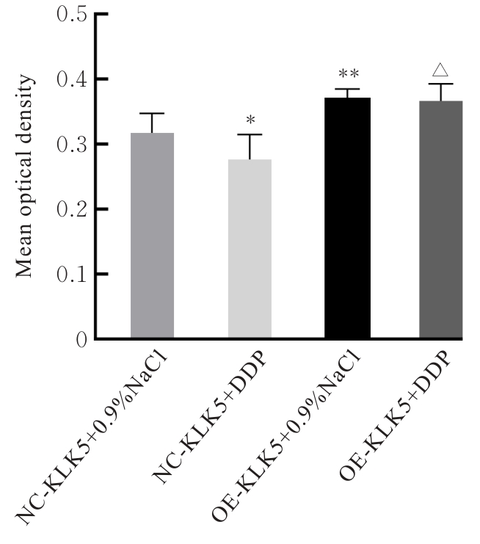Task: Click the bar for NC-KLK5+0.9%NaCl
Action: (152, 235)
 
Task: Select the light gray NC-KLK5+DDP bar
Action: (250, 250)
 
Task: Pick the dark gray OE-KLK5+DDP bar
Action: (441, 220)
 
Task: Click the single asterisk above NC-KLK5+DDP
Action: (250, 120)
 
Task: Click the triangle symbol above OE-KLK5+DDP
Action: (441, 70)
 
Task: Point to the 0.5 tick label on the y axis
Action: (70, 15)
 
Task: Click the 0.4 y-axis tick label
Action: (70, 79)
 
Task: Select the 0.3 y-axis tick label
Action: (70, 145)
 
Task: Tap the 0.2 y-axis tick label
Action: (70, 209)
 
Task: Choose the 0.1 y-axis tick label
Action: (70, 275)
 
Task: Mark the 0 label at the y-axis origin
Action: (81, 339)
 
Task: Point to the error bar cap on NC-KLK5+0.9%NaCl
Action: (152, 114)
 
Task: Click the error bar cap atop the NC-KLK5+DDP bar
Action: (250, 134)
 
